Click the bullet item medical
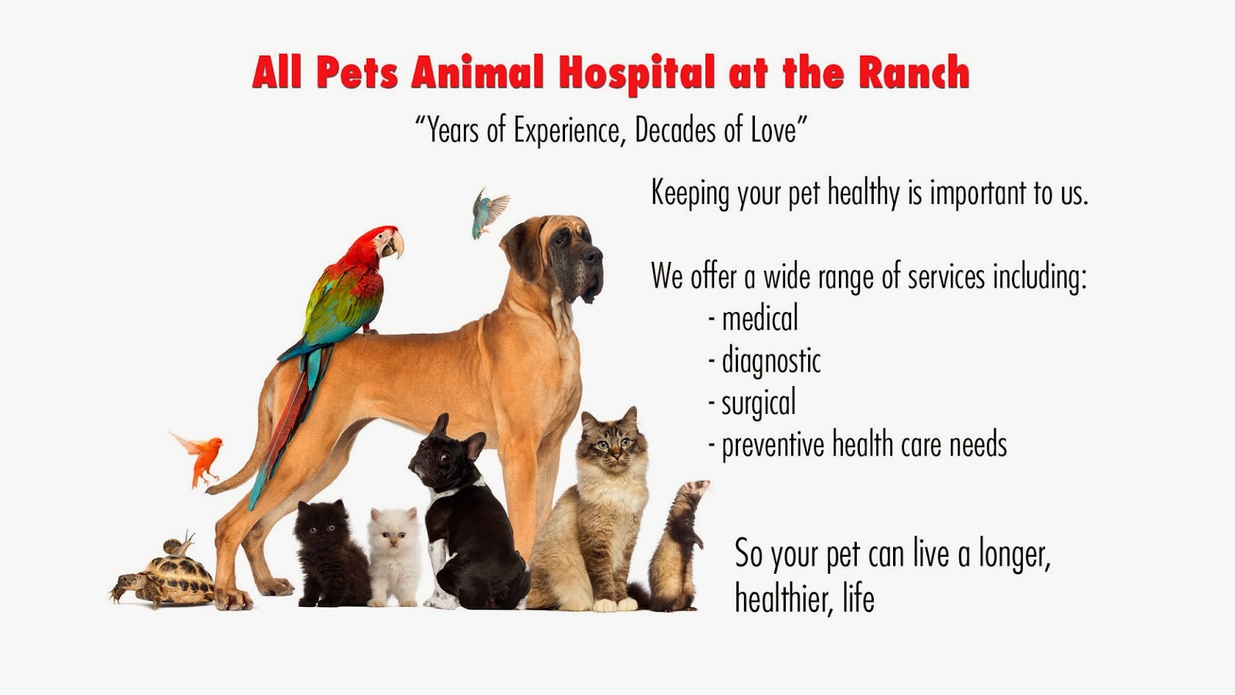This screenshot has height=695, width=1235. coord(753,318)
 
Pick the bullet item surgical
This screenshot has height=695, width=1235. coord(752,403)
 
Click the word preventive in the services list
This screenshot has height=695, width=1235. coord(773,445)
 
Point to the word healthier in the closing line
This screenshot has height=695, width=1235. coord(784,598)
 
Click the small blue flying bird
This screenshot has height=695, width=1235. coord(489,213)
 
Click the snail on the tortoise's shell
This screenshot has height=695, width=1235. coord(179,545)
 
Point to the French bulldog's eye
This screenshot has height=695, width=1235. coord(444,456)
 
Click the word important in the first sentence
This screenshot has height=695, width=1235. coord(979,194)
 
